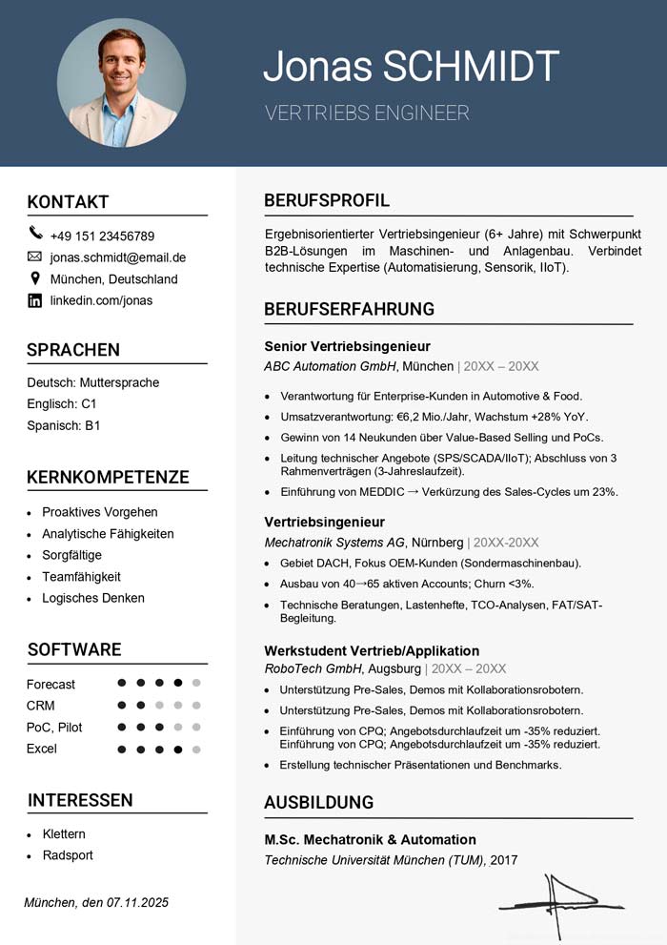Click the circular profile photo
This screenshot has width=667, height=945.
click(x=121, y=83)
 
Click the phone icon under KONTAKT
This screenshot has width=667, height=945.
click(x=35, y=234)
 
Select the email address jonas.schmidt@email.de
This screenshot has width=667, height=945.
click(x=118, y=257)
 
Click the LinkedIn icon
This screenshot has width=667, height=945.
click(x=35, y=300)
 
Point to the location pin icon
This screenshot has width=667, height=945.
click(x=35, y=278)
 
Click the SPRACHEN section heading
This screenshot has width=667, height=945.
click(x=73, y=350)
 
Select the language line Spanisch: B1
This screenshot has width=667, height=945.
click(x=64, y=425)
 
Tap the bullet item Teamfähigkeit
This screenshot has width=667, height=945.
click(x=81, y=577)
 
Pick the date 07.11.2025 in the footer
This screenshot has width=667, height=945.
click(x=137, y=902)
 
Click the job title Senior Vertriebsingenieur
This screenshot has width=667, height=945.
click(x=347, y=346)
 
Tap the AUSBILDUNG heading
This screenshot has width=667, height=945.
click(x=318, y=803)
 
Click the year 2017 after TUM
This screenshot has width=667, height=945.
click(x=503, y=860)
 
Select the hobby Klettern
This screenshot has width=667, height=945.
click(x=64, y=833)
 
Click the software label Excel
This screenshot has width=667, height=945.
click(x=42, y=749)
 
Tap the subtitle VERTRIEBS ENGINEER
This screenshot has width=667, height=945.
click(x=367, y=113)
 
